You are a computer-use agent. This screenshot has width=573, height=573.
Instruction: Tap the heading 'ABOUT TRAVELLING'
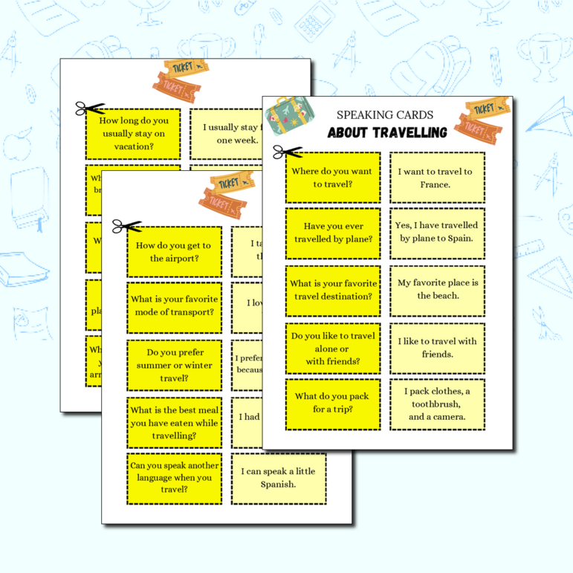[387, 133]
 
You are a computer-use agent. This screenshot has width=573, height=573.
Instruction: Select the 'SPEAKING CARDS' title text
[385, 115]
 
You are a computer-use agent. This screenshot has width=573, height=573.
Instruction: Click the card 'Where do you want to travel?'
[332, 178]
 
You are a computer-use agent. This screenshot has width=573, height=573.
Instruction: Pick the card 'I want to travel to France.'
[437, 178]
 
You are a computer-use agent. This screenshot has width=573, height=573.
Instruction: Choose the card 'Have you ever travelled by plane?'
[332, 233]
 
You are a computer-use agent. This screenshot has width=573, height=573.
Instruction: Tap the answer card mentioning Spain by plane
[437, 233]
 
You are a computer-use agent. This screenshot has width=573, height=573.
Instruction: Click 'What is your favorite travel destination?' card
[332, 290]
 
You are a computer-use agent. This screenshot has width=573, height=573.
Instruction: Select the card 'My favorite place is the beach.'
[437, 290]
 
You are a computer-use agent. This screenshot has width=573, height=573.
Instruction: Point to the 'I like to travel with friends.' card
[437, 348]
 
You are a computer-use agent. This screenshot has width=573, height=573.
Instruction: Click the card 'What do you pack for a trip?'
[332, 404]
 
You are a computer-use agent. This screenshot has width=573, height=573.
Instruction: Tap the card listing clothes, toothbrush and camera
[437, 404]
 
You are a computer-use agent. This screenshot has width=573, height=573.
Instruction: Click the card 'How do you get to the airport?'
[174, 252]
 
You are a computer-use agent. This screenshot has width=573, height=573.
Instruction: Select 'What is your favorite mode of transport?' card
[174, 306]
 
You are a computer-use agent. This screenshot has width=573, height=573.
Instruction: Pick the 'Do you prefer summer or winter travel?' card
[174, 365]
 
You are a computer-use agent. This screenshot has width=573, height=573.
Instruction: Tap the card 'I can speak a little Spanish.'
[278, 478]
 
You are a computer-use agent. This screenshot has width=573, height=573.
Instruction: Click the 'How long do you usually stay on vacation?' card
[133, 134]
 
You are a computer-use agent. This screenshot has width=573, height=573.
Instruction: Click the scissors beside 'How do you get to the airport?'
[127, 226]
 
